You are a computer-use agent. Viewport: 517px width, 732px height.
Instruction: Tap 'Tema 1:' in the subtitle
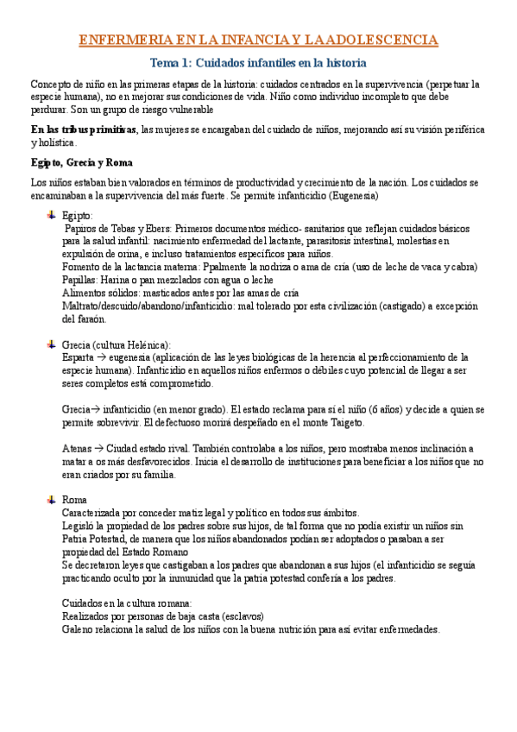(x=172, y=63)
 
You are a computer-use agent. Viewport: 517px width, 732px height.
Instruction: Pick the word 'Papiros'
(x=84, y=229)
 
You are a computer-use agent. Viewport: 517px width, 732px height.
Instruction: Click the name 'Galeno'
(x=80, y=630)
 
